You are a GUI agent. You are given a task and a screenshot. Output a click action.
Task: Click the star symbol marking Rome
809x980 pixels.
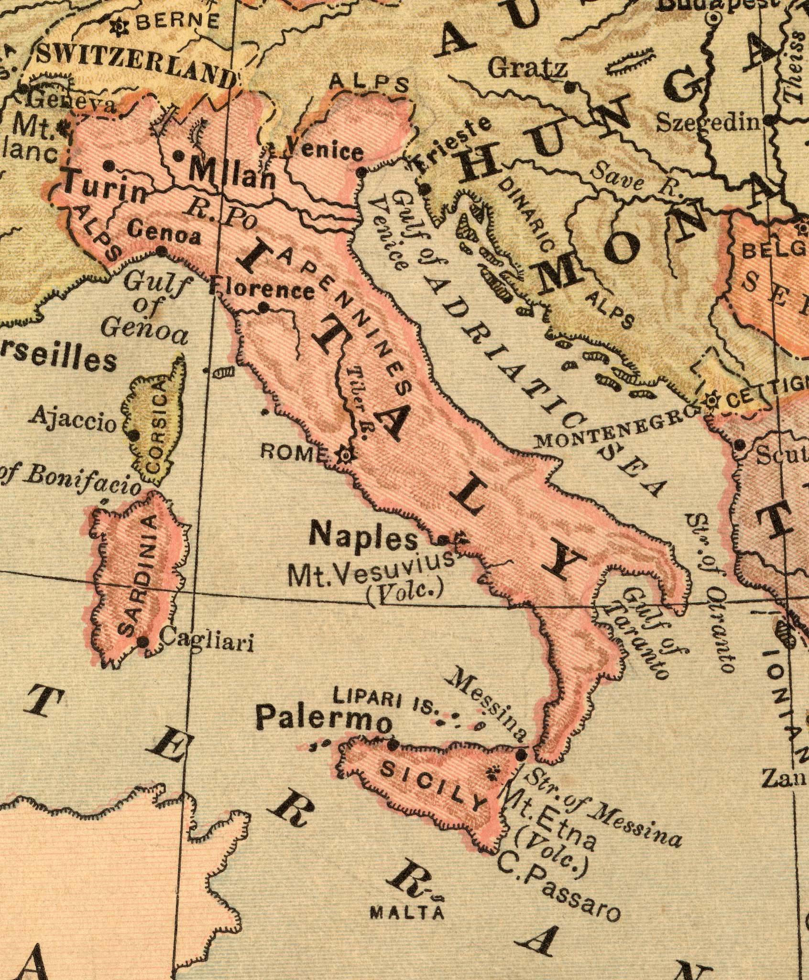pos(345,454)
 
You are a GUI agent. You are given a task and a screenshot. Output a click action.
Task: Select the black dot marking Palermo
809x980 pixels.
pos(393,744)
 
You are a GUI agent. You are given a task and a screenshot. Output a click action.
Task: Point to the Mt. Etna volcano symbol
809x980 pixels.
pos(492,771)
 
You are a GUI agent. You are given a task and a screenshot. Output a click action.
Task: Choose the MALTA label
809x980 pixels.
pos(407,912)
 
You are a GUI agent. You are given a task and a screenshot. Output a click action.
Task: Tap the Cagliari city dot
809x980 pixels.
pos(143,641)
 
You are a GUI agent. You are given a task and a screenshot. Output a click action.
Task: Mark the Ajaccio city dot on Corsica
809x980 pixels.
pos(133,435)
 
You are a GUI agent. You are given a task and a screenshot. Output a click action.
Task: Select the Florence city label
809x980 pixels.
pos(262,289)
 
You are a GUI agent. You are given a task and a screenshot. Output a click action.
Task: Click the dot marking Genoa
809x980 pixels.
pos(162,250)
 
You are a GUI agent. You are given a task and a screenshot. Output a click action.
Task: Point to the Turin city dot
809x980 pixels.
pos(109,166)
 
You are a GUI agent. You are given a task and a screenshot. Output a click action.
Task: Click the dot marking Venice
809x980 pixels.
pos(362,172)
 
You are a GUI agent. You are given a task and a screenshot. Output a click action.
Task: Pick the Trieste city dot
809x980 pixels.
pos(424,189)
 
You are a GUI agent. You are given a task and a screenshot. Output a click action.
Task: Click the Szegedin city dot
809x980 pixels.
pos(768,120)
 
